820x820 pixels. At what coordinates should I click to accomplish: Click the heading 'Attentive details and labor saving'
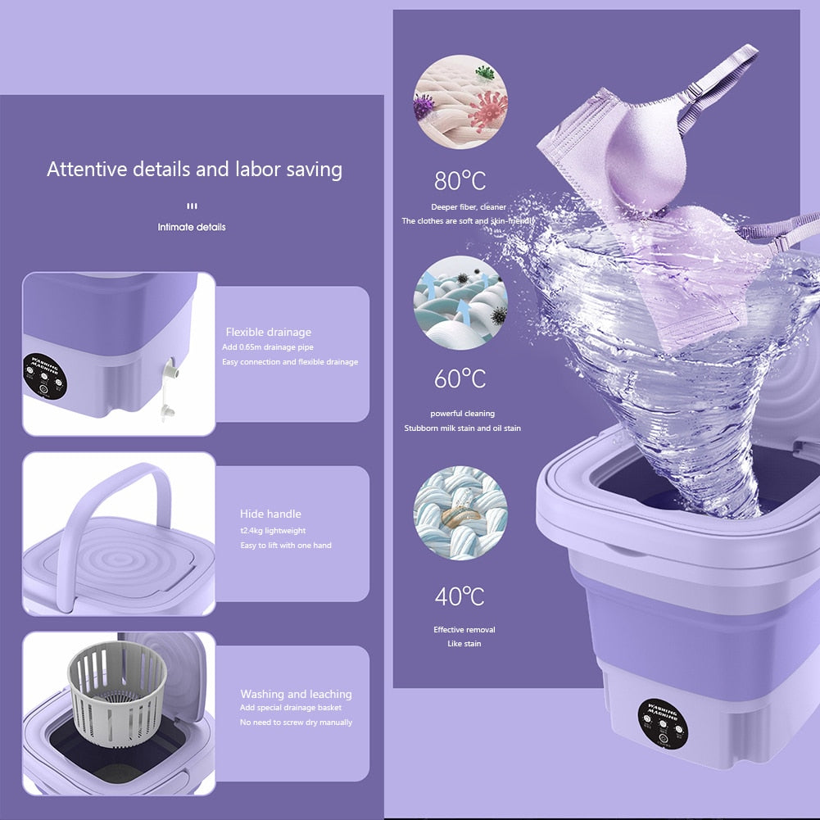coord(194,170)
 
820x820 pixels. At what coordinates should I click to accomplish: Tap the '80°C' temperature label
coord(460,180)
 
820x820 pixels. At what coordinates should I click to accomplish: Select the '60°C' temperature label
coord(460,379)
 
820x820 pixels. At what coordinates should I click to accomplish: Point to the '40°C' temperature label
coord(460,596)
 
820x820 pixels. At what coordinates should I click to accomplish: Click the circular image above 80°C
coord(460,102)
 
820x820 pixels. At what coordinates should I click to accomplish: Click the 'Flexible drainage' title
coord(269,332)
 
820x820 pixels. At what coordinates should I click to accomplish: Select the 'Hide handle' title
coord(270,514)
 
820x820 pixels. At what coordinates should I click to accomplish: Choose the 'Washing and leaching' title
coord(296,694)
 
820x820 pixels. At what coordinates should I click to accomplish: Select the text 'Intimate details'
coord(192,227)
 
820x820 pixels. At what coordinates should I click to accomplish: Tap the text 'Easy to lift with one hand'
coord(285,546)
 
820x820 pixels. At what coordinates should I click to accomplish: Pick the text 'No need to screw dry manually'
coord(296,723)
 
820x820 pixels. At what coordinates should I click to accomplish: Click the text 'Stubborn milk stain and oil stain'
coord(462,428)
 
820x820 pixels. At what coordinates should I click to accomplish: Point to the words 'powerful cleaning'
coord(462,414)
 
